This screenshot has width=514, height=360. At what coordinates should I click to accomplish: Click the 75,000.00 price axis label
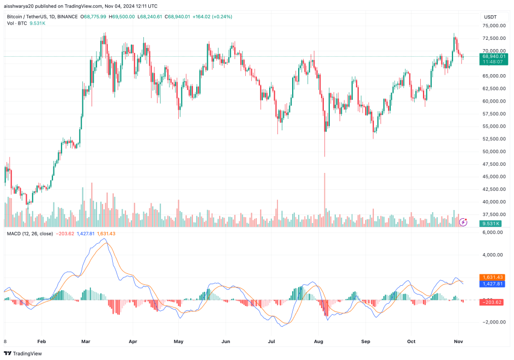(493, 26)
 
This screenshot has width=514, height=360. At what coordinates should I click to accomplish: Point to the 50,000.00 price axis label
(493, 152)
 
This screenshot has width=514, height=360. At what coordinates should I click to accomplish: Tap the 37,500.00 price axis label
(493, 214)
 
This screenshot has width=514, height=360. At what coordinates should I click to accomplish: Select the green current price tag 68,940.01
(493, 56)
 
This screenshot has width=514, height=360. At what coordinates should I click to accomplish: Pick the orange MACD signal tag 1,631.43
(493, 277)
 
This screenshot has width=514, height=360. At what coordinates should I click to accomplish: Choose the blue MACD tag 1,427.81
(493, 284)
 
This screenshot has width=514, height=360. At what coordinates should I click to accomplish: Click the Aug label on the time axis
(319, 341)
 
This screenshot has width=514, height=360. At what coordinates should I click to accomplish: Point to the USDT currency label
(490, 17)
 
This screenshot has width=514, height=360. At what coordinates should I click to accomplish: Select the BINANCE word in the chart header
(67, 17)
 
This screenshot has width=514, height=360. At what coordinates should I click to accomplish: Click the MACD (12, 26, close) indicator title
(29, 233)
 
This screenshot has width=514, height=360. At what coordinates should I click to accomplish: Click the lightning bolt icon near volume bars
(463, 221)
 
